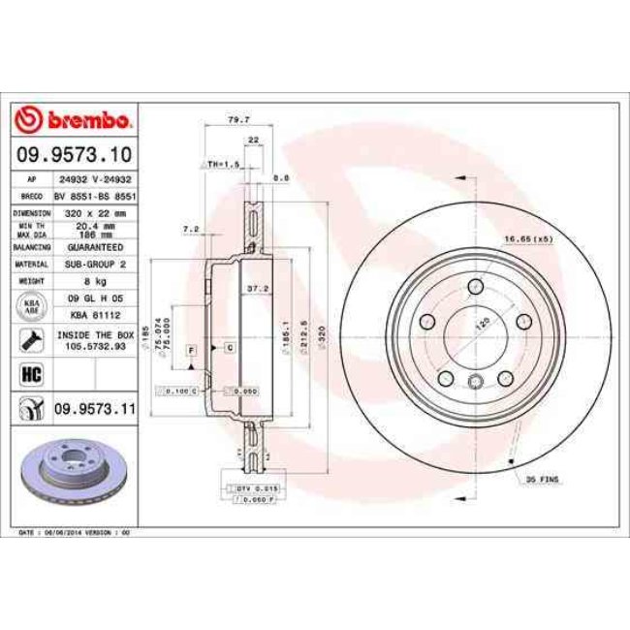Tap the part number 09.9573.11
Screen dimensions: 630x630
(93, 410)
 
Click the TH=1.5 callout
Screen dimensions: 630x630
(222, 165)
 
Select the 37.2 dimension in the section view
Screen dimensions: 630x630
(257, 289)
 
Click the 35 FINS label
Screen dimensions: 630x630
(542, 479)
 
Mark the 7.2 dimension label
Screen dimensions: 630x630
(190, 229)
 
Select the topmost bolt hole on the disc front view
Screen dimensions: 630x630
(475, 287)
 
